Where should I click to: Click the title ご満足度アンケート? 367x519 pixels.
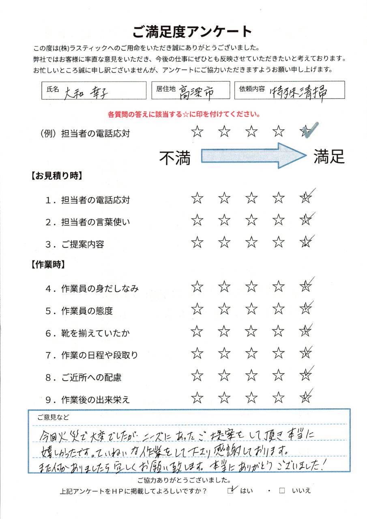(x=192, y=31)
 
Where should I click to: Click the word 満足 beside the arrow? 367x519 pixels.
(x=329, y=156)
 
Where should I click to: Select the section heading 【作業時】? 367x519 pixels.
(x=48, y=265)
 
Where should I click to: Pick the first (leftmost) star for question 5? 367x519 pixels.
(x=197, y=309)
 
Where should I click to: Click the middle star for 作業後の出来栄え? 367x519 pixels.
(x=251, y=398)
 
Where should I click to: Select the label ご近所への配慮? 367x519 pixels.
(x=91, y=377)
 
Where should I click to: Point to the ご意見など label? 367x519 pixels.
(x=54, y=416)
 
